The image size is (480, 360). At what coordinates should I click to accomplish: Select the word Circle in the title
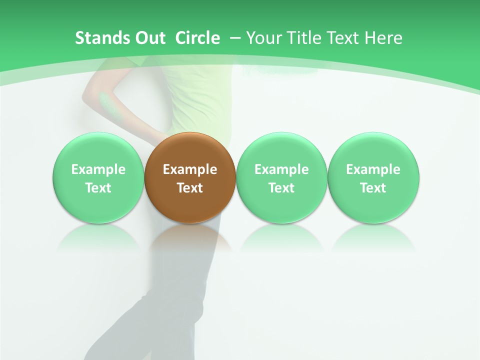point(197,38)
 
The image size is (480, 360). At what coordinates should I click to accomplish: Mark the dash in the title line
point(235,38)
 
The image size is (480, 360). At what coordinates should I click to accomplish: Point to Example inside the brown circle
point(190,169)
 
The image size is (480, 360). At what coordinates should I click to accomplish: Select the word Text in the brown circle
point(190,188)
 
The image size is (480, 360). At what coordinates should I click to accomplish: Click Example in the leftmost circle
point(98,169)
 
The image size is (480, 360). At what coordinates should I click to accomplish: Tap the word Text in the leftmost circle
point(98,188)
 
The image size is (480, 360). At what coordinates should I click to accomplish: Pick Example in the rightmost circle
point(373,169)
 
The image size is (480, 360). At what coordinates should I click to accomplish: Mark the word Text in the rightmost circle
point(373,188)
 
